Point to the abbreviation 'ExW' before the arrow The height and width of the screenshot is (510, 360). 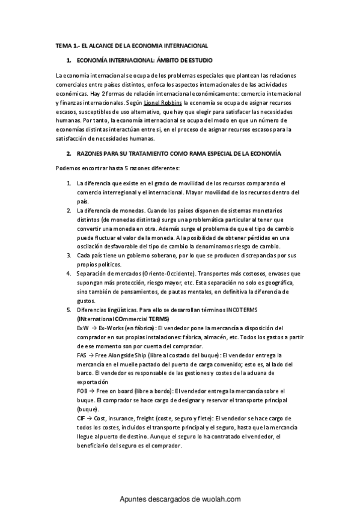click(x=83, y=328)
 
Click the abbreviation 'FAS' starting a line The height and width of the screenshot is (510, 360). click(x=82, y=355)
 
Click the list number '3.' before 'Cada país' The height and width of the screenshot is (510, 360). click(x=69, y=256)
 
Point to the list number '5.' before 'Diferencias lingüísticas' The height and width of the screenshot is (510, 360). click(x=69, y=310)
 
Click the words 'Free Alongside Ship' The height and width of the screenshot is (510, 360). click(x=120, y=355)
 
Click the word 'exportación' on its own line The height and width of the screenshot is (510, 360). click(x=92, y=382)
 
